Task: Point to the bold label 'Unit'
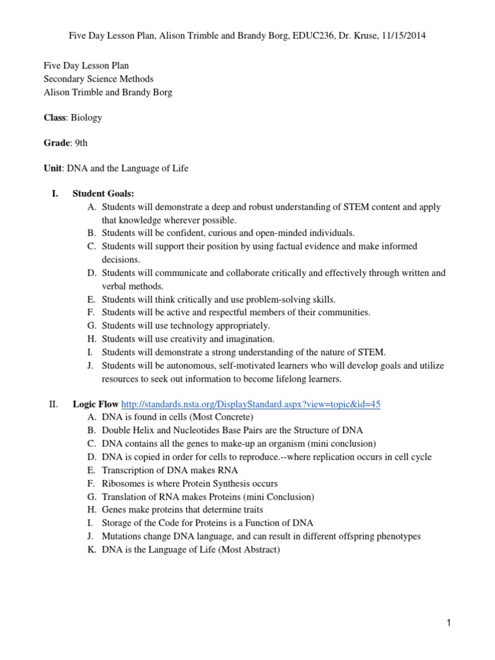pyautogui.click(x=52, y=168)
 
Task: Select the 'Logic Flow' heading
pyautogui.click(x=95, y=404)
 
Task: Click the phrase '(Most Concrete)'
pyautogui.click(x=210, y=417)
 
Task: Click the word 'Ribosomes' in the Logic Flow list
pyautogui.click(x=122, y=483)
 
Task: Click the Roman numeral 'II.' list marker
pyautogui.click(x=53, y=404)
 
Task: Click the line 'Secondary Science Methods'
pyautogui.click(x=98, y=79)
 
